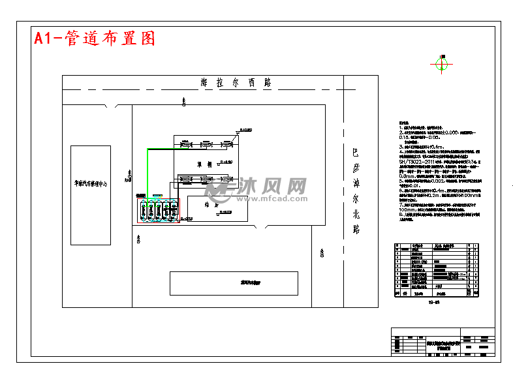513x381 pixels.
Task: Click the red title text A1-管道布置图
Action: (x=95, y=38)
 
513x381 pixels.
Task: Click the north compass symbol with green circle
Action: (x=442, y=64)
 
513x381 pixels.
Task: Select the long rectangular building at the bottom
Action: (x=234, y=283)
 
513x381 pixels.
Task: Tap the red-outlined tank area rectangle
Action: (x=157, y=209)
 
